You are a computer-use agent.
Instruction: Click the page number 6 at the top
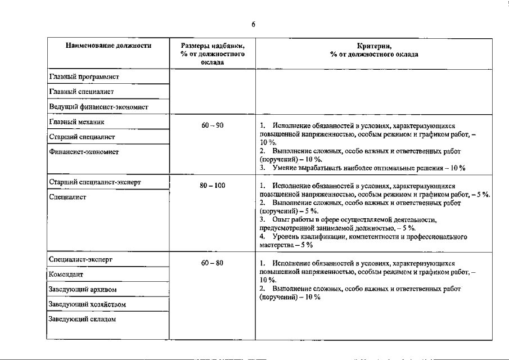(x=254, y=24)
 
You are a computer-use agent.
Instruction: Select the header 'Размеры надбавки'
(x=213, y=46)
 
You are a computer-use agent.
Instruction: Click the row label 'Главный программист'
(x=83, y=76)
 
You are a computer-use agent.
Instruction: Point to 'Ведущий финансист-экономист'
(x=98, y=106)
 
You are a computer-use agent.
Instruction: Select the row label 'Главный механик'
(x=76, y=121)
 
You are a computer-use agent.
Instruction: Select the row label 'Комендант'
(x=66, y=274)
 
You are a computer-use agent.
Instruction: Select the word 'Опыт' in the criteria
(x=280, y=219)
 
